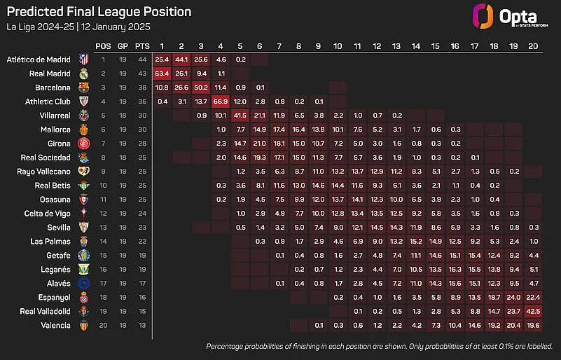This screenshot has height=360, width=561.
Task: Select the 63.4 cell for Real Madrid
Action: pos(163,73)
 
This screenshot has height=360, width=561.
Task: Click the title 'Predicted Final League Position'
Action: pos(99,13)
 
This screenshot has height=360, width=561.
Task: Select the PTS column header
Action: pos(142,46)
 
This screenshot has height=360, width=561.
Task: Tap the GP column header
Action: pos(123,46)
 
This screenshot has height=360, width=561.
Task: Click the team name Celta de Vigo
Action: pos(48,214)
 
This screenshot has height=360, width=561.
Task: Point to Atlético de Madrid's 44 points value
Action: pos(142,60)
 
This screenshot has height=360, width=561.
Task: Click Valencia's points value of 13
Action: pos(142,326)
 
